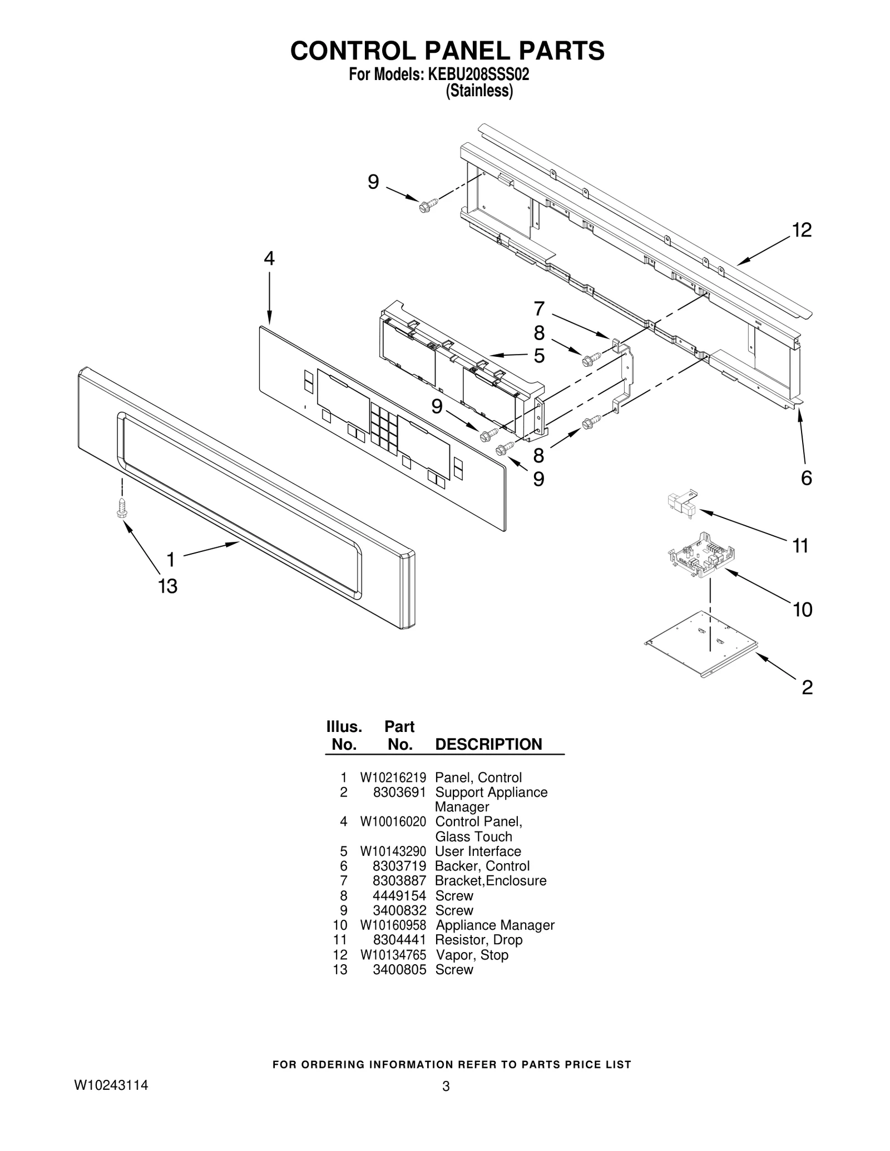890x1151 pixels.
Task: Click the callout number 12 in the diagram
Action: pos(802,230)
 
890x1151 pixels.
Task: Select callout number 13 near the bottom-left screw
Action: pos(167,586)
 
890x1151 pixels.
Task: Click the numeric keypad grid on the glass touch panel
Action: pos(384,426)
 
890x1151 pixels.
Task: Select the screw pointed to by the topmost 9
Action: pos(427,205)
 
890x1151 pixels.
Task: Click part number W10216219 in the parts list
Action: pos(393,778)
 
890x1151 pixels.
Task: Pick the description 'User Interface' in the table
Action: pos(478,851)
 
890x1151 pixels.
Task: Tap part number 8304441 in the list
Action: pos(399,939)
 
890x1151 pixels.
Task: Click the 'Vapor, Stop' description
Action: pos(472,954)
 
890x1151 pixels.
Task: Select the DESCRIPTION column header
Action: pos(488,744)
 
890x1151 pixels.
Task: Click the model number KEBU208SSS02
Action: pos(478,74)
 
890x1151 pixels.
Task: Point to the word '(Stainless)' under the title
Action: pos(479,91)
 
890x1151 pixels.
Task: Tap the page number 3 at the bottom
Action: pos(446,1102)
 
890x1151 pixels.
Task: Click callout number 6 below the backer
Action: pos(806,478)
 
